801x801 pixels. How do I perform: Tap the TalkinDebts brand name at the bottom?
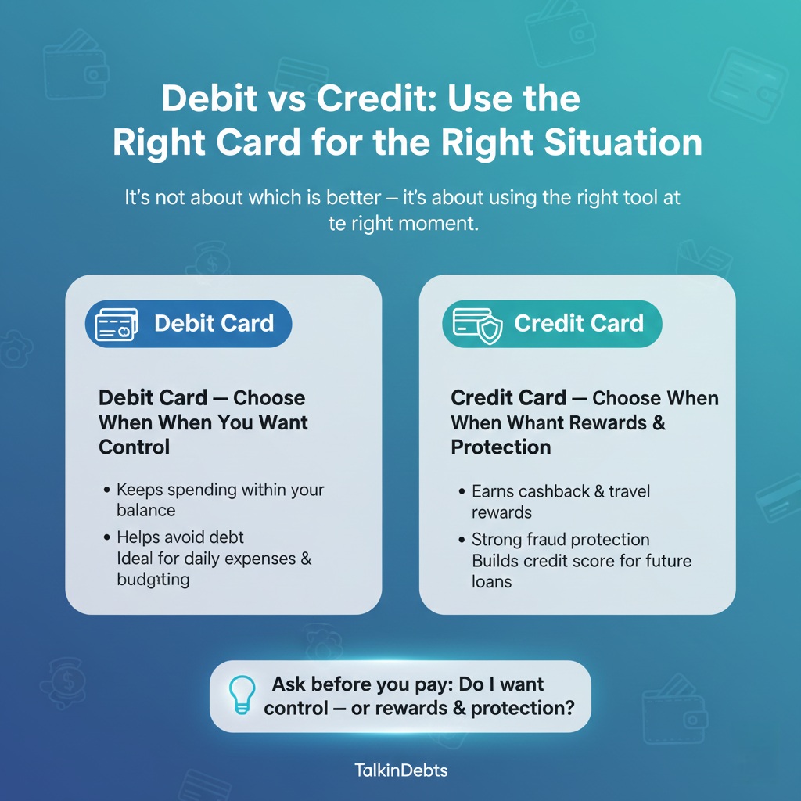400,770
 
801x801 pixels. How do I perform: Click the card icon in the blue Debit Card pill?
116,324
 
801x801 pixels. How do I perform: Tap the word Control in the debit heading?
134,447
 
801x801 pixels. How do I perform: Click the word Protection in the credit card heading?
501,447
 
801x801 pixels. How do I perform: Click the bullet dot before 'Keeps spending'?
106,490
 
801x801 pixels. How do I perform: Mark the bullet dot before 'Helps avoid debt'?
106,538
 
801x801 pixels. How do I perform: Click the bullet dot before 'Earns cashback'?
462,492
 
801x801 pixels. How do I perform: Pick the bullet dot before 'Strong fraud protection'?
462,541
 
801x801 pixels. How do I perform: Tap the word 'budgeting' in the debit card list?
153,580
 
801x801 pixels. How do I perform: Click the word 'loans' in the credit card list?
491,582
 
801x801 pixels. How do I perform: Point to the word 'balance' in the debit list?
145,510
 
